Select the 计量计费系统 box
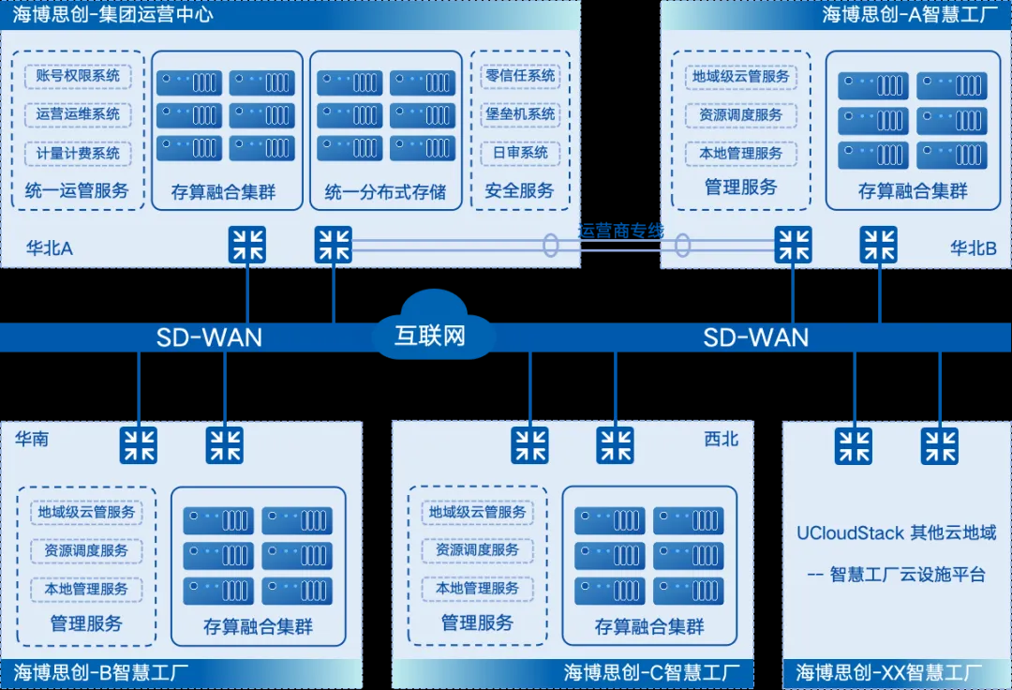78,153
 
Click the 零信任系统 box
520,76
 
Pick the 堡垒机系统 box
520,114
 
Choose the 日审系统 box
520,153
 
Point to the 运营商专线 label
621,231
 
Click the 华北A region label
50,248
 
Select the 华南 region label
32,439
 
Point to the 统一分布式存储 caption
385,192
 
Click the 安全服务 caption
519,191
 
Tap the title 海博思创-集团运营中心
112,14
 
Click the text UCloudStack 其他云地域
896,533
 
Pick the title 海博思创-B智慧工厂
101,672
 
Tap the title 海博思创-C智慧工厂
651,672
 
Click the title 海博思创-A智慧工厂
910,14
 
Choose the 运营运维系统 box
78,114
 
